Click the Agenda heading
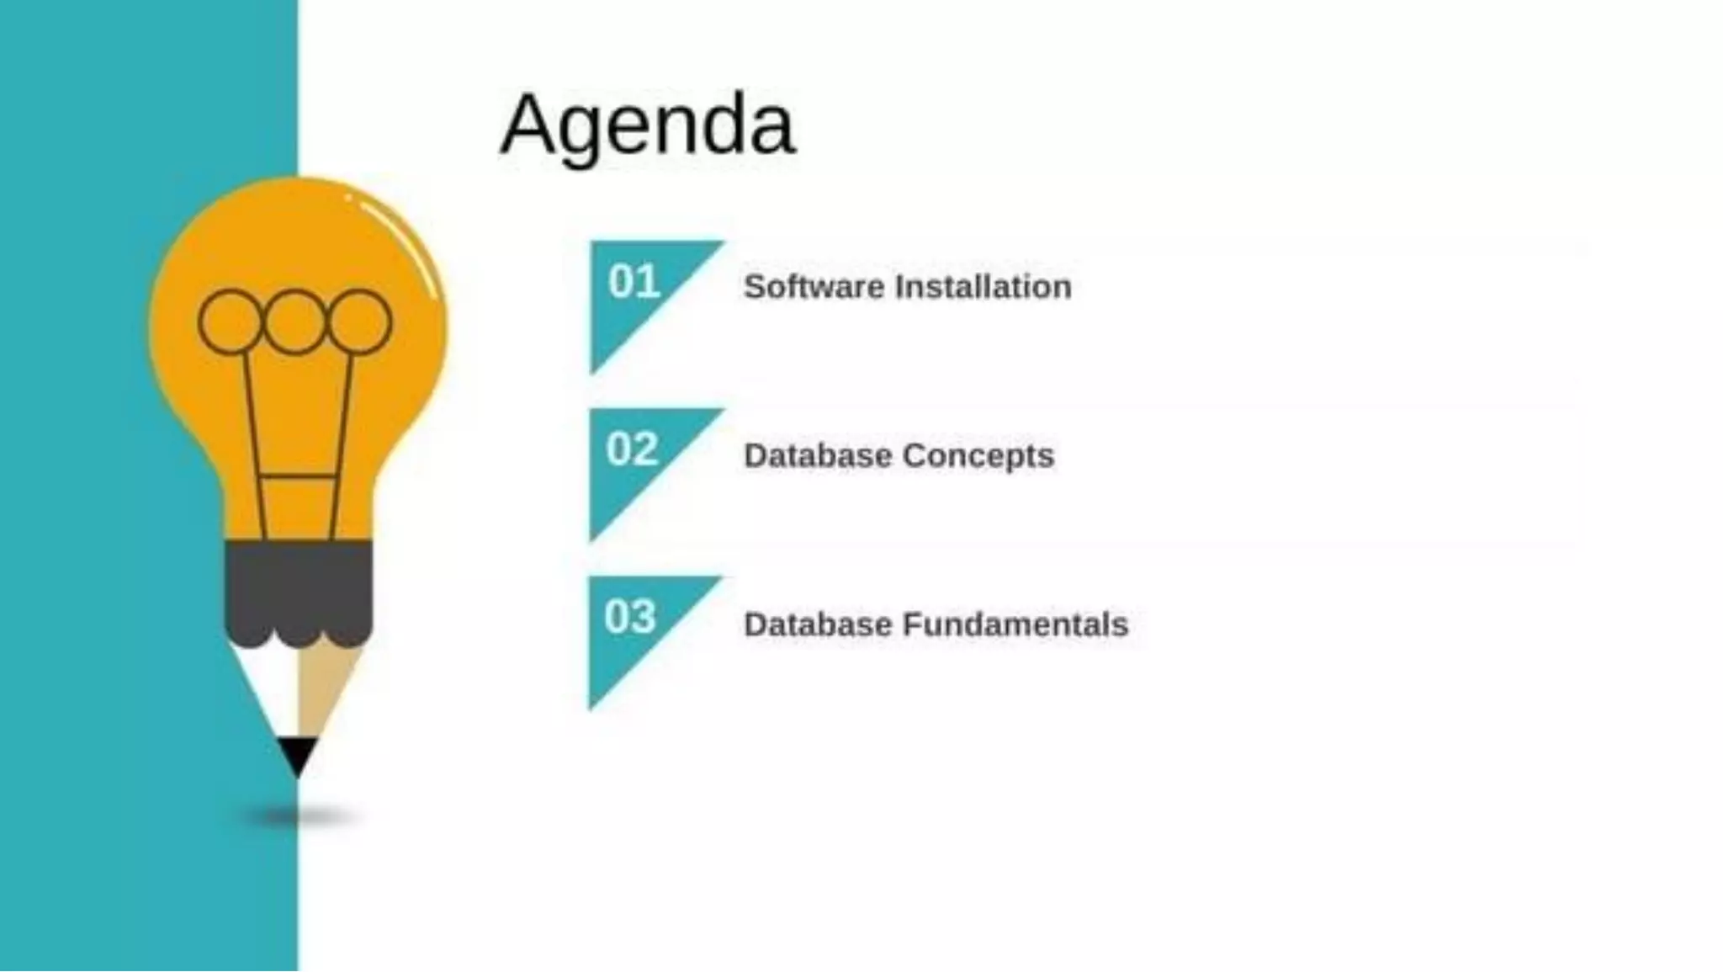[647, 125]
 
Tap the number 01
[634, 282]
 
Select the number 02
[632, 449]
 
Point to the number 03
[629, 617]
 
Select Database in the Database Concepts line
[818, 455]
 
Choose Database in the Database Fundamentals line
[818, 624]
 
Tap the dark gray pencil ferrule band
[298, 589]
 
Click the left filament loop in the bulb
[230, 321]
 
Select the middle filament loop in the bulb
[294, 321]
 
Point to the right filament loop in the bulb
[359, 321]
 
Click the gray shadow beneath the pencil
[299, 815]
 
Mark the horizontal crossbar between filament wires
[298, 477]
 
